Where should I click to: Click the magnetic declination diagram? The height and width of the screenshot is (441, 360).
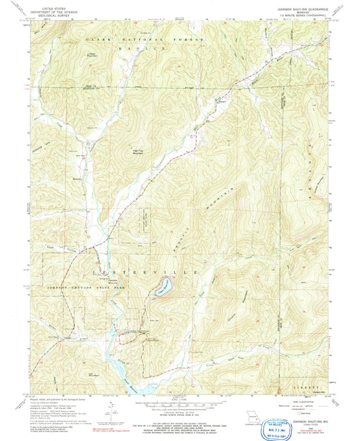point(106,413)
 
